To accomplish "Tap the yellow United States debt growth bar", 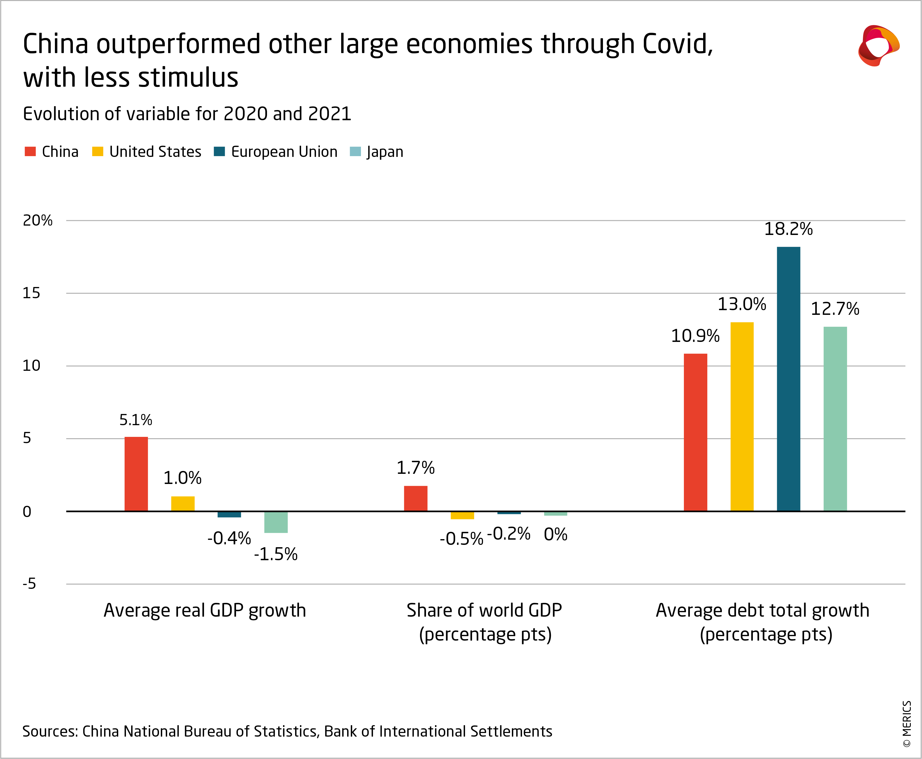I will pos(742,416).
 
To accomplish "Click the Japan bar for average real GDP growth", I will pos(276,522).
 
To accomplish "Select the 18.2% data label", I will pos(788,229).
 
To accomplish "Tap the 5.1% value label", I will pos(136,420).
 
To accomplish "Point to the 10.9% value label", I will pos(695,336).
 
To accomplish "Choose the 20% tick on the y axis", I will pos(37,220).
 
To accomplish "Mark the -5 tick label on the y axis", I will pos(29,584).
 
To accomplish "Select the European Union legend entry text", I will pos(284,152).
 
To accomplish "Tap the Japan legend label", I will pos(385,152).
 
